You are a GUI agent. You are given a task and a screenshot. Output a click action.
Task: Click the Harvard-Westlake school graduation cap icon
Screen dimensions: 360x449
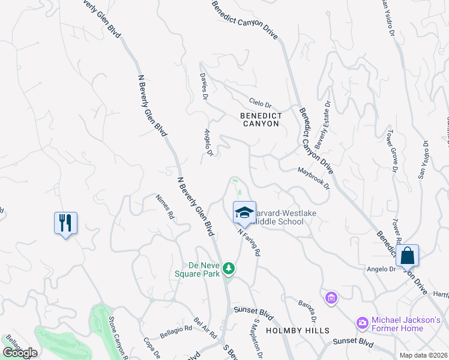click(x=244, y=212)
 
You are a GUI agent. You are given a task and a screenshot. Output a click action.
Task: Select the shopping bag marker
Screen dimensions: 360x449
click(x=407, y=255)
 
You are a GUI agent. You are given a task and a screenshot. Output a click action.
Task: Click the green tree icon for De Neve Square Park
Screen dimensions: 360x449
click(x=228, y=268)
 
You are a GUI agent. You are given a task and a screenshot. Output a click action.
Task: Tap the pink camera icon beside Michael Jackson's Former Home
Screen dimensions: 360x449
click(x=362, y=323)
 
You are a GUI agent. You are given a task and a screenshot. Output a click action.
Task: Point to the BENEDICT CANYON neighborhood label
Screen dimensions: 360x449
click(x=260, y=119)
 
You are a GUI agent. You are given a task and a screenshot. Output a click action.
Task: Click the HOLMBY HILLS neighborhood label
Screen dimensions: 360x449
click(x=298, y=331)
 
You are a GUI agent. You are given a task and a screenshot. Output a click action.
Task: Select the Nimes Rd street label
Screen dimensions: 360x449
click(x=164, y=206)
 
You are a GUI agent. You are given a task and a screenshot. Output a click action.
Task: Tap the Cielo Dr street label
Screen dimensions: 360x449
click(x=261, y=103)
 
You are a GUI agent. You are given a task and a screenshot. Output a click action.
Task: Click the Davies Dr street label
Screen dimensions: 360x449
click(x=204, y=86)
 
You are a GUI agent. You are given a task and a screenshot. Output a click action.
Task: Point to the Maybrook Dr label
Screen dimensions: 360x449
click(x=314, y=178)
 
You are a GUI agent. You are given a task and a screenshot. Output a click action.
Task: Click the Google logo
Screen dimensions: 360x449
click(x=20, y=353)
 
